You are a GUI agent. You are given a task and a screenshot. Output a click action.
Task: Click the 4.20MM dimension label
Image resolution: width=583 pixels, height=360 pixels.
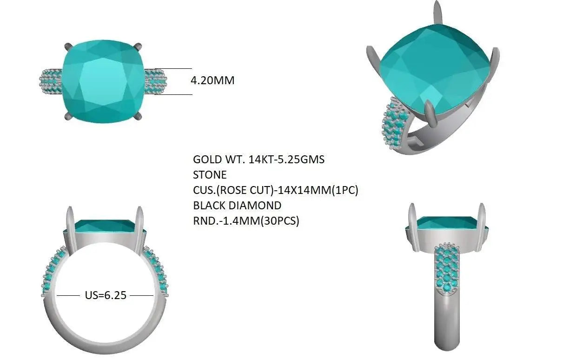point(212,80)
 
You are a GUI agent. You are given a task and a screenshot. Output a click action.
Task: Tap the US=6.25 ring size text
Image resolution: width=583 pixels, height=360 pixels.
point(106,295)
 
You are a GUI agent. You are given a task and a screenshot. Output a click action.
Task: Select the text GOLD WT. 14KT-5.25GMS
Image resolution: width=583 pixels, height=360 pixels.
point(258,160)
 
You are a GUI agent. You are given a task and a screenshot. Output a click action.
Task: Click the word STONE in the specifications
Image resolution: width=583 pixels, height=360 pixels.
point(210,175)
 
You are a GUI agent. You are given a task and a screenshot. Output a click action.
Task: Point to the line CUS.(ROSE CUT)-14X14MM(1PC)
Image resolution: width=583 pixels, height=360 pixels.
point(276,190)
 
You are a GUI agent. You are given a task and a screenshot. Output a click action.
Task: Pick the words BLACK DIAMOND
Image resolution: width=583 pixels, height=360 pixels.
point(237,206)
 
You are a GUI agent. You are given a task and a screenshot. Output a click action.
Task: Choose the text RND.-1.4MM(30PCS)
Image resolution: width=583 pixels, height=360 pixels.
point(246,221)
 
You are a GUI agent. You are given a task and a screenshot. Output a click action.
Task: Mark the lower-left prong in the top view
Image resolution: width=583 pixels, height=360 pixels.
point(68,116)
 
